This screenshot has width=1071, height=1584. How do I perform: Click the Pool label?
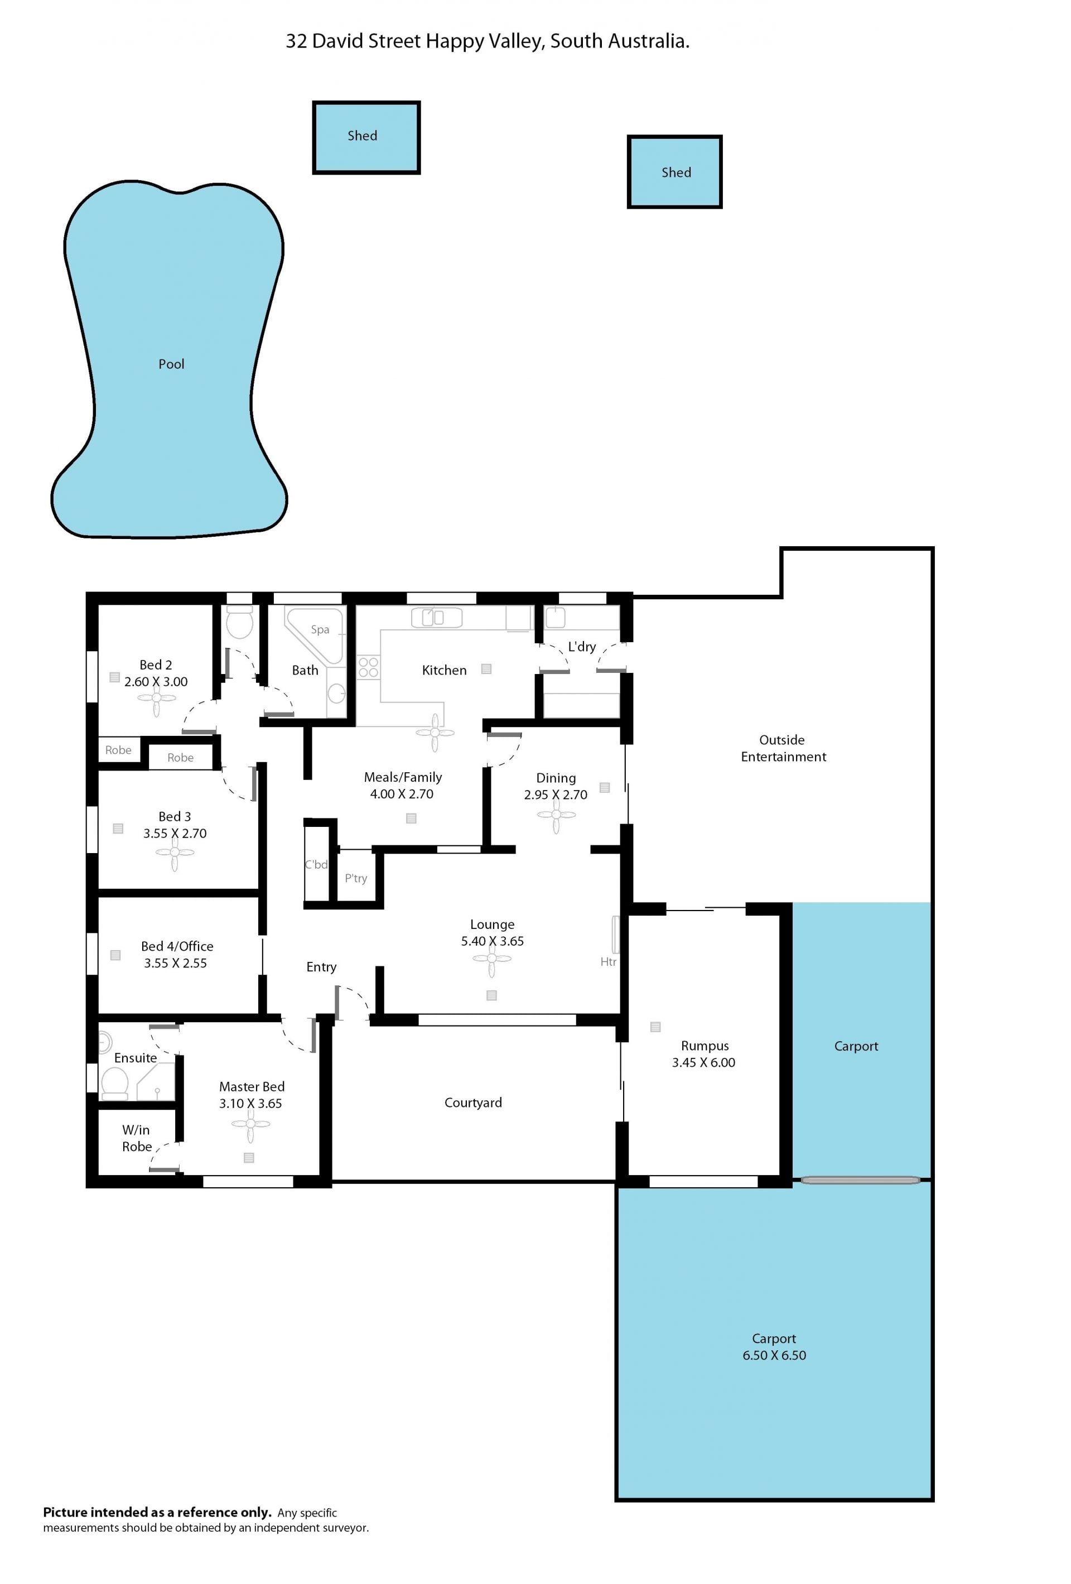[x=171, y=364]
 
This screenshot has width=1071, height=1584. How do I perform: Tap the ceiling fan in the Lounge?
[x=491, y=959]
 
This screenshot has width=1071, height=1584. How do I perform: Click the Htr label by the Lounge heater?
[x=607, y=962]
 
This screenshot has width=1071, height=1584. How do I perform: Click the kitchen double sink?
[x=436, y=618]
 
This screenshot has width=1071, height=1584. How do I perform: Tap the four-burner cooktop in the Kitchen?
[x=368, y=667]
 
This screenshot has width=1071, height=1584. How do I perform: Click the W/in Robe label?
[x=136, y=1138]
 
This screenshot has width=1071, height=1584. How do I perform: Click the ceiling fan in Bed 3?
[x=175, y=852]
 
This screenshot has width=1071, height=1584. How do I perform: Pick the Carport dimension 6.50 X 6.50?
[x=774, y=1355]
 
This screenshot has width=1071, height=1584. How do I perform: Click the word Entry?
[x=321, y=966]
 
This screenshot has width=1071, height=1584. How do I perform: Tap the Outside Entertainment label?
[x=783, y=748]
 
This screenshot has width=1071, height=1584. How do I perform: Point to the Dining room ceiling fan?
[x=556, y=814]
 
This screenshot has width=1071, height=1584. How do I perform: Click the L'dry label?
[x=582, y=646]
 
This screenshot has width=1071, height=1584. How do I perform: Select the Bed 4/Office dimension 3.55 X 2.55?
[x=175, y=962]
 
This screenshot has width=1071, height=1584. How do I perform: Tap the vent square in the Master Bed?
[x=249, y=1157]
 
